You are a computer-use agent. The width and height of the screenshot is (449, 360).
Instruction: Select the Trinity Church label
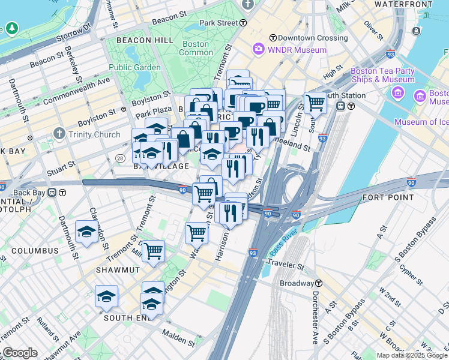[x=94, y=134]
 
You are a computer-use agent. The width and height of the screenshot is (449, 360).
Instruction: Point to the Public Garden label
[x=135, y=67]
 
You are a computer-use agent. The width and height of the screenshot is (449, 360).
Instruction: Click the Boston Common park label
[x=196, y=48]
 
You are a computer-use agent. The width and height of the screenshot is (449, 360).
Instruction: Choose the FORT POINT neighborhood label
[x=388, y=197]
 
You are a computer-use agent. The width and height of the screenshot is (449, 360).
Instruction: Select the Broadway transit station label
[x=297, y=283]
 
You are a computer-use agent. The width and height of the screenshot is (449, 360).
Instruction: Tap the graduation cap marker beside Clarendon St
[x=87, y=232]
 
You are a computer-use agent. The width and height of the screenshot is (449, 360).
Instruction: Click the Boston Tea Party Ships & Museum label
[x=382, y=75]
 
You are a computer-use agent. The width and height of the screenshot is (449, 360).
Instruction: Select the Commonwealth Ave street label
[x=77, y=89]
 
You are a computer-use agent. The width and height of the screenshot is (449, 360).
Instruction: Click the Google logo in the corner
[x=20, y=352]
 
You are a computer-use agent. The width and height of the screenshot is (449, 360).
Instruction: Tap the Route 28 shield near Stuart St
[x=120, y=158]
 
